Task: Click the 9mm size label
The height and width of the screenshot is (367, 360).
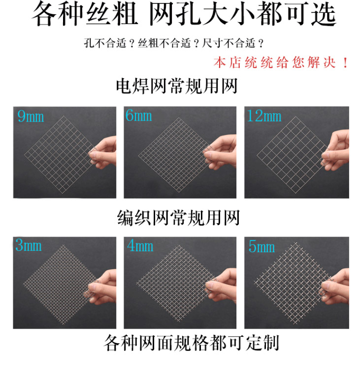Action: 30,117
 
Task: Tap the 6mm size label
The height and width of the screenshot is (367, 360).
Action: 138,116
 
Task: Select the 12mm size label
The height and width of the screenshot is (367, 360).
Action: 264,116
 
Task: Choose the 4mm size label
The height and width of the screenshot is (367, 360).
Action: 140,246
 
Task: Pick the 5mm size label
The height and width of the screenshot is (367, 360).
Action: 261,246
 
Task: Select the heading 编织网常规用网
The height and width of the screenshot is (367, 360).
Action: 178,217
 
